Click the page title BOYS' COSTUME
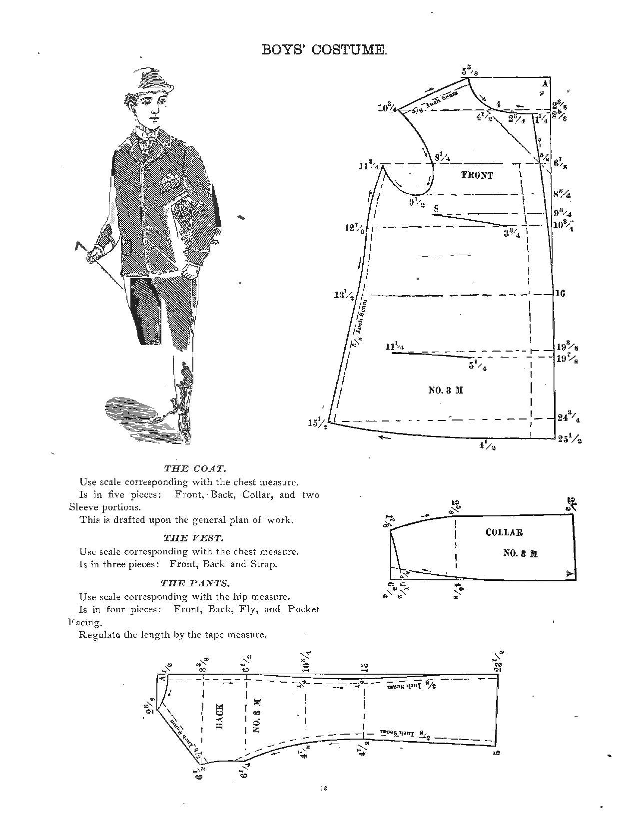coord(324,49)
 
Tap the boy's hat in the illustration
coord(152,80)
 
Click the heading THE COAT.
coord(195,468)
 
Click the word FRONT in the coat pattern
coord(477,175)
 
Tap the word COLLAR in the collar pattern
coord(504,532)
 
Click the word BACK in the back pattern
coord(220,716)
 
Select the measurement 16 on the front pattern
coord(560,293)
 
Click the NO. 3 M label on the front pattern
coord(446,390)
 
